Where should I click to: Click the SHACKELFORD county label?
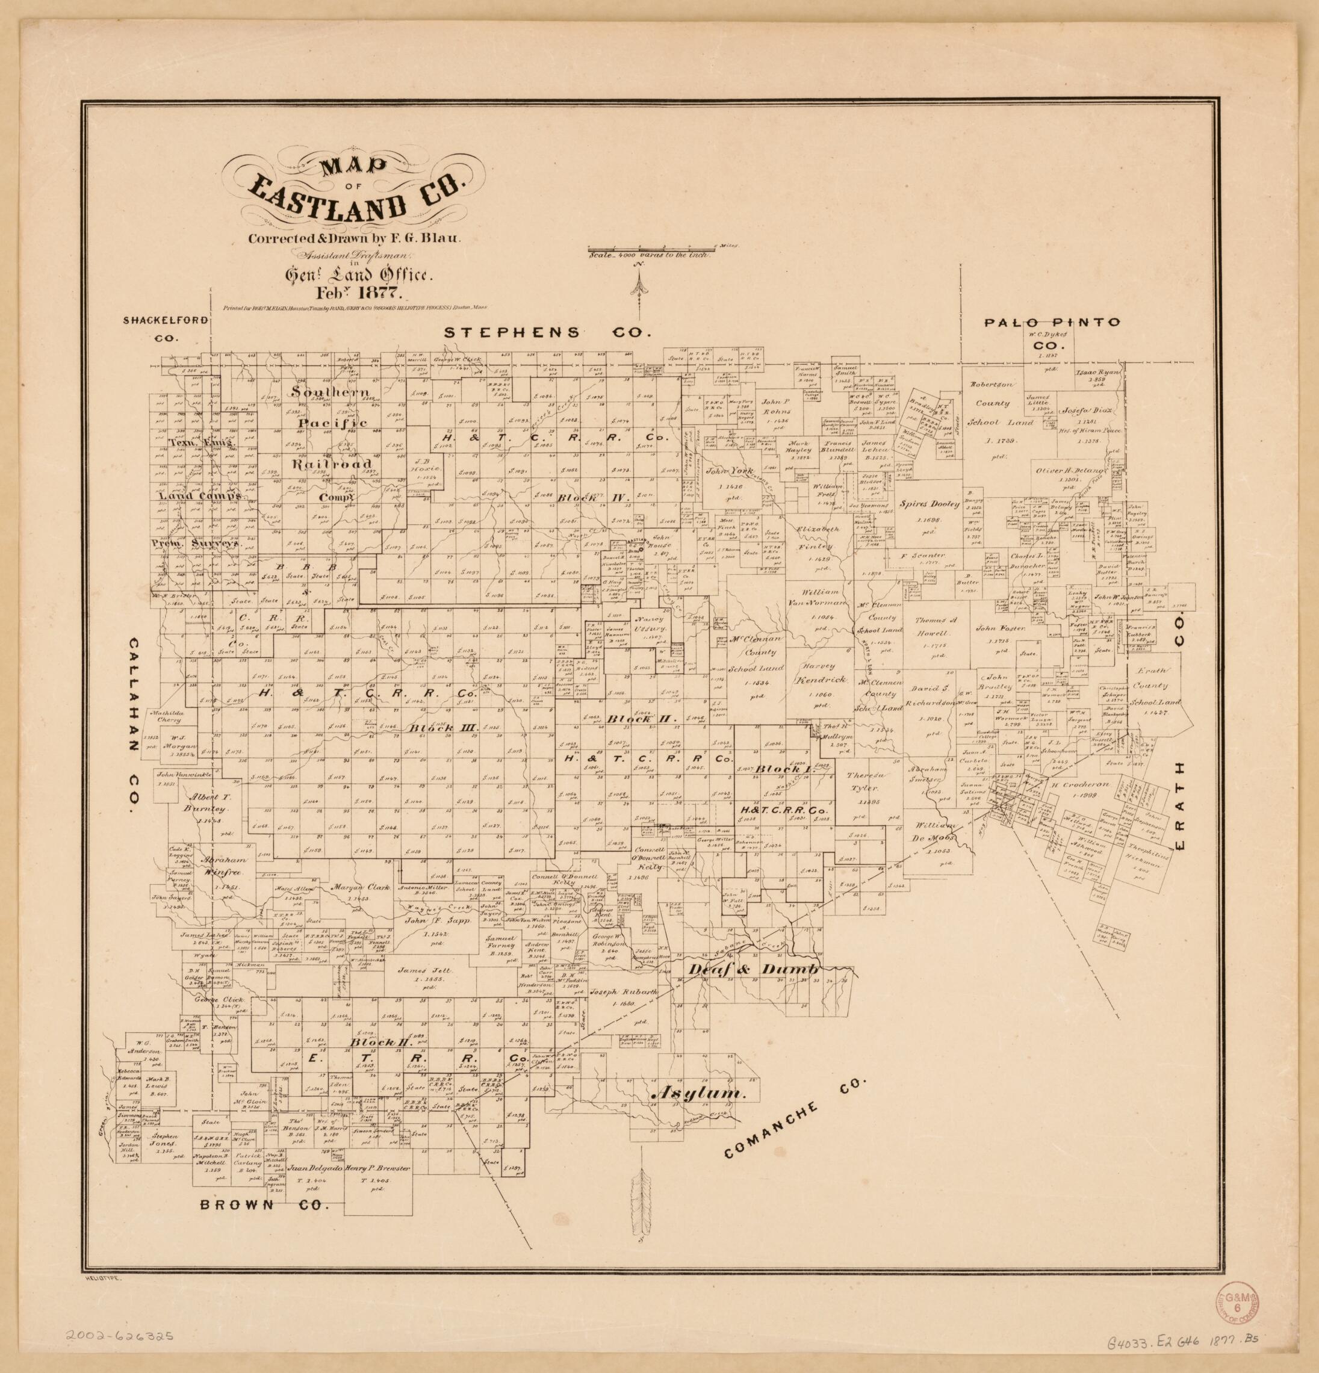click(x=166, y=321)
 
